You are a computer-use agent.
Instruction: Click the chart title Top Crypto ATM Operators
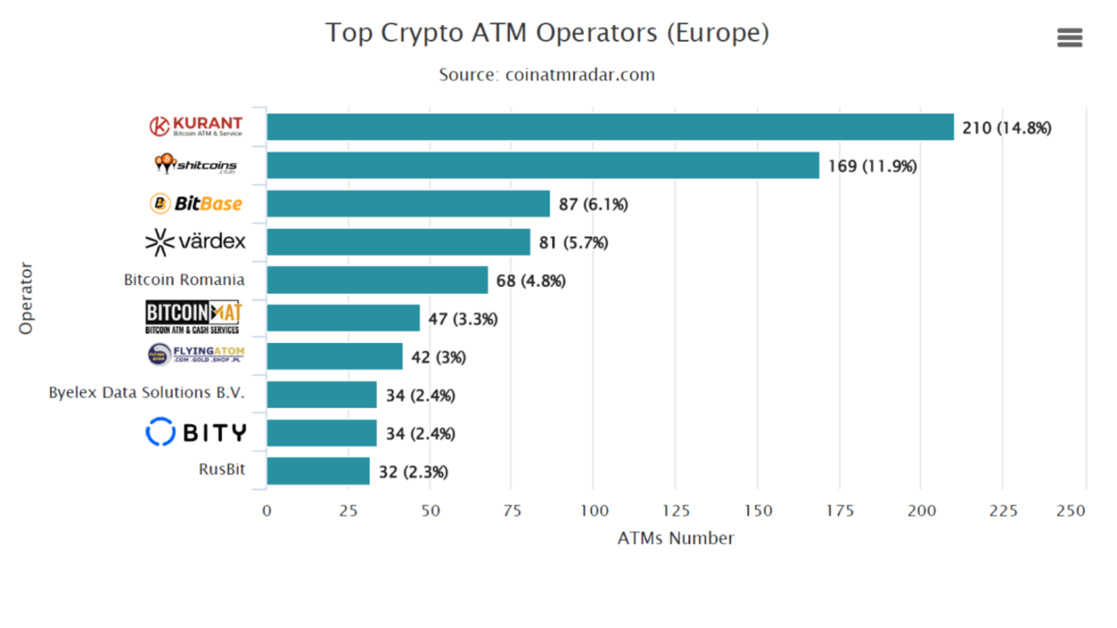547,33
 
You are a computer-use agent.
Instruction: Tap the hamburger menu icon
1069,38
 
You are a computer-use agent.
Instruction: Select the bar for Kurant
609,127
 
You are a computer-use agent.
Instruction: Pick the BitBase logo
196,204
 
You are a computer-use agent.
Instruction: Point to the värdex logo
195,241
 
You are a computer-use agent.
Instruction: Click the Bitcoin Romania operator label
184,280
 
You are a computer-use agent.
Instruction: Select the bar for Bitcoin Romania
377,280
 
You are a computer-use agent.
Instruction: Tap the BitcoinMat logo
193,317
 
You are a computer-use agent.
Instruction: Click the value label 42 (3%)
438,357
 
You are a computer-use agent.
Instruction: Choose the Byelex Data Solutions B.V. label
147,392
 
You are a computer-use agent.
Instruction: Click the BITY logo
195,432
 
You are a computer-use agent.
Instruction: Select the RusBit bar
318,471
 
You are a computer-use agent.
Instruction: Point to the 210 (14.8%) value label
1006,128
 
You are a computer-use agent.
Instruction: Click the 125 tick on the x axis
676,510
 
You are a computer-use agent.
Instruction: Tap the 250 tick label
1071,510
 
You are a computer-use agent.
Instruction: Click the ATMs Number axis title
676,538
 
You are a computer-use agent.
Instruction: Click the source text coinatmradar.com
547,75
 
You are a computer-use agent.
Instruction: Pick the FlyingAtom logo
195,355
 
